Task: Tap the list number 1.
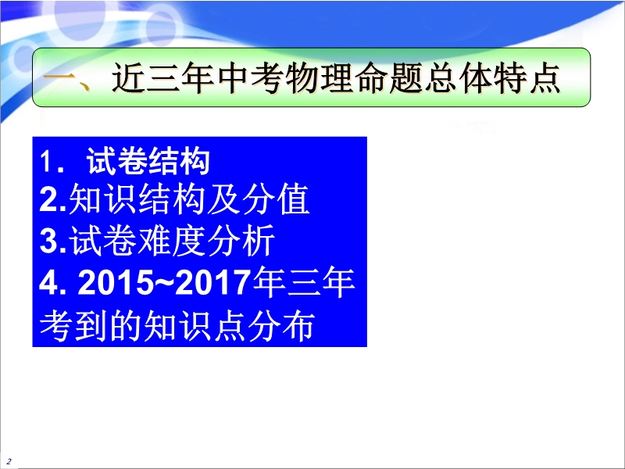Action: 46,162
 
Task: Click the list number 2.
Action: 49,199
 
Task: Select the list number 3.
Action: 49,241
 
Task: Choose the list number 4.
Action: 49,282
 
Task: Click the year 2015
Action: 116,282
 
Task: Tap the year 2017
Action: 212,282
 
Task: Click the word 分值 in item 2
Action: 276,199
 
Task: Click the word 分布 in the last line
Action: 282,325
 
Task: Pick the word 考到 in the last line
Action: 73,325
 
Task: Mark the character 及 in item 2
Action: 224,199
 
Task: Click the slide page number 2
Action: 9,461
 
